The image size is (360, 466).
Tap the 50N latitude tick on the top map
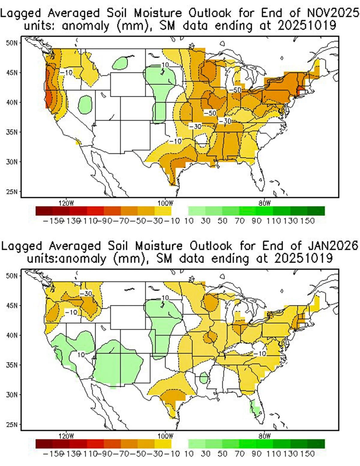coord(12,43)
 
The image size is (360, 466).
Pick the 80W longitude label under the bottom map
coord(264,436)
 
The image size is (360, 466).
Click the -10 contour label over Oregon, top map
coord(66,72)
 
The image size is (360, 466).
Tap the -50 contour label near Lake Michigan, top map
coord(235,90)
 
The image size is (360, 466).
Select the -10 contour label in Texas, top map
coord(175,141)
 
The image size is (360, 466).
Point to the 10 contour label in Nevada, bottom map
coord(80,355)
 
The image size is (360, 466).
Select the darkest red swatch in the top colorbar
coord(44,211)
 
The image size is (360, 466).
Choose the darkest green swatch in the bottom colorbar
coord(316,444)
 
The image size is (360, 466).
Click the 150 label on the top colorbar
coord(309,221)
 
